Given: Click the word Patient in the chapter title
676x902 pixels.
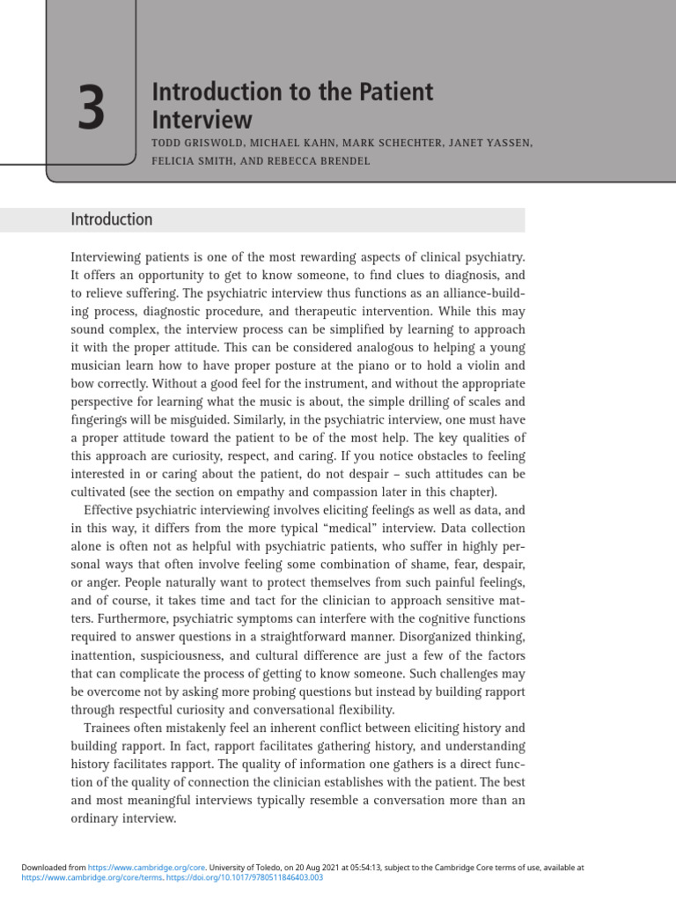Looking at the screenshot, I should (390, 92).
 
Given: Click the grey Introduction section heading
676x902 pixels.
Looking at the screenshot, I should (112, 220).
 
